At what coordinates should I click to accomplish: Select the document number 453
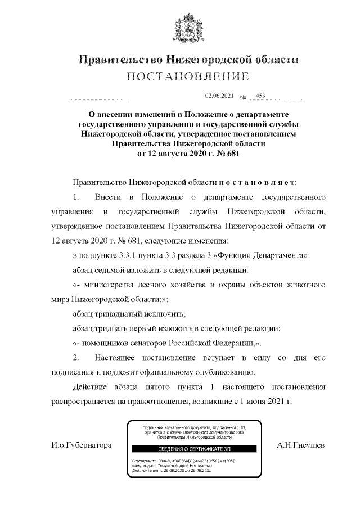[260, 96]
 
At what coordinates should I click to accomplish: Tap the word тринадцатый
[123, 314]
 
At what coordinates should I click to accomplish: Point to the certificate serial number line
[183, 460]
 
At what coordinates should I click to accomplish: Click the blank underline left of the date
[97, 99]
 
